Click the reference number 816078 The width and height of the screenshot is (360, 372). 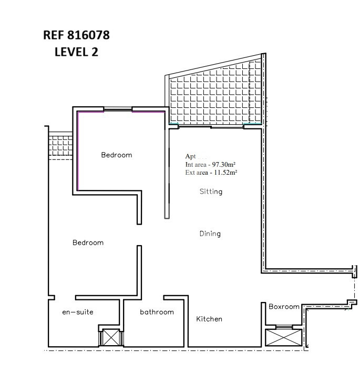pyautogui.click(x=88, y=35)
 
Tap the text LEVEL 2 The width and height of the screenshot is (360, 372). pyautogui.click(x=76, y=52)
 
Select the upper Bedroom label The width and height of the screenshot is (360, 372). pyautogui.click(x=117, y=155)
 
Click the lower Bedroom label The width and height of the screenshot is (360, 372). pyautogui.click(x=88, y=243)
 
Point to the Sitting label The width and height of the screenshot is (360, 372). pyautogui.click(x=211, y=192)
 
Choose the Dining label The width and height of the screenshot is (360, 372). pyautogui.click(x=210, y=234)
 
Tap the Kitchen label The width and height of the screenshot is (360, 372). pyautogui.click(x=209, y=319)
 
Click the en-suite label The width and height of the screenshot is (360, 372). pyautogui.click(x=78, y=312)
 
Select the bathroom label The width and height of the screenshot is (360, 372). pyautogui.click(x=157, y=311)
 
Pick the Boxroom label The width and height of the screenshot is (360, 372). pyautogui.click(x=284, y=307)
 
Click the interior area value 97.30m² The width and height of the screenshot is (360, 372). pyautogui.click(x=224, y=164)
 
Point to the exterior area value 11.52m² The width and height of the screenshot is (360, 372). pyautogui.click(x=225, y=172)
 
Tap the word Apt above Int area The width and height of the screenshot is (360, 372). pyautogui.click(x=191, y=156)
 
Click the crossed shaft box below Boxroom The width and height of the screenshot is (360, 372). pyautogui.click(x=284, y=337)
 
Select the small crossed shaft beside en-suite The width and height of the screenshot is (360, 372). pyautogui.click(x=111, y=337)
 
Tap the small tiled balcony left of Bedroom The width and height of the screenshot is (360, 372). pyautogui.click(x=60, y=146)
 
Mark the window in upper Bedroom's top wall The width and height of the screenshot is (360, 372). pyautogui.click(x=118, y=109)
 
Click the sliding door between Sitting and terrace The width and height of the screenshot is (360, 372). pyautogui.click(x=211, y=127)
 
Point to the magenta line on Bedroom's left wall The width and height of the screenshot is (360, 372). pyautogui.click(x=77, y=151)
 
